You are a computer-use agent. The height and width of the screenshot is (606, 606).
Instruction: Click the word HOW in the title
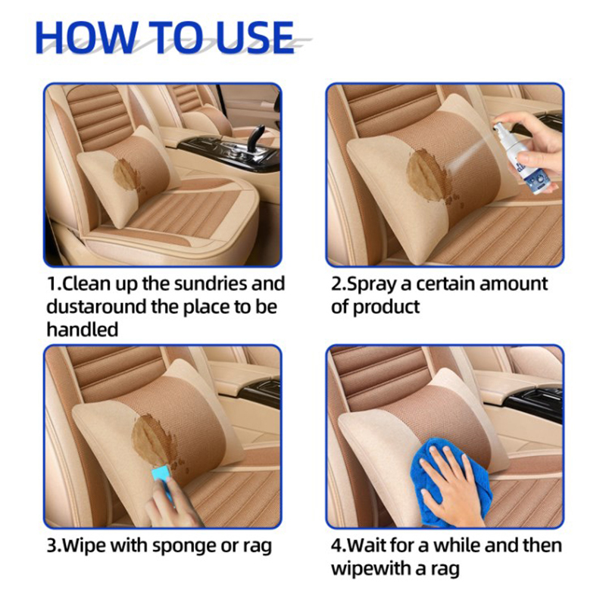(86, 37)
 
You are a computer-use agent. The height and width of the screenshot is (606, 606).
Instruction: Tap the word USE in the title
(255, 37)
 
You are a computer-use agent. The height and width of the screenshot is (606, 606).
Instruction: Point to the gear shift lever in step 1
(255, 139)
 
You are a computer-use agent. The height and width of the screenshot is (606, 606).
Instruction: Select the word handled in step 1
(83, 330)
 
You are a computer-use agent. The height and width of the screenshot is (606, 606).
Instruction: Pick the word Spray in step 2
(372, 285)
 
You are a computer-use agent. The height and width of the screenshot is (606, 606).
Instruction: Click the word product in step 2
(386, 308)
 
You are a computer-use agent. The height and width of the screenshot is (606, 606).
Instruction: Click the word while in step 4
(458, 545)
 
